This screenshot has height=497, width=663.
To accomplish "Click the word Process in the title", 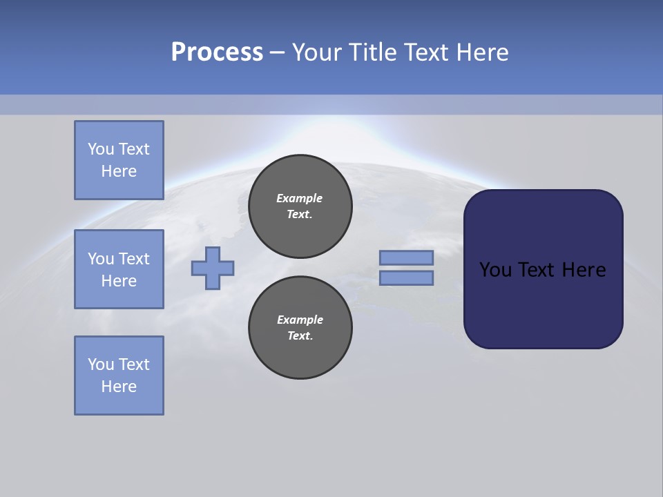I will tap(217, 52).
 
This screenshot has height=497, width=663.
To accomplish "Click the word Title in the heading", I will tap(372, 52).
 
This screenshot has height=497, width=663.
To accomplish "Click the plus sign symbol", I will tap(213, 268).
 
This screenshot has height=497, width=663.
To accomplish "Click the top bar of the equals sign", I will tap(406, 257).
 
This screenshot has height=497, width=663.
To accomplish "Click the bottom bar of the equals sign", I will tap(406, 278).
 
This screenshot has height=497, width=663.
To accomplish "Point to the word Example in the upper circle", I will tap(299, 198).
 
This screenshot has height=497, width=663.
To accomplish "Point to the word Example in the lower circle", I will tap(300, 320).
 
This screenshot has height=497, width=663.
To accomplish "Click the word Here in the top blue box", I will tap(119, 171).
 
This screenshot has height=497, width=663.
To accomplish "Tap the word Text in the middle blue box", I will tap(134, 259).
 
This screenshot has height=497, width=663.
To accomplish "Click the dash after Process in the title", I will tap(278, 52).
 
